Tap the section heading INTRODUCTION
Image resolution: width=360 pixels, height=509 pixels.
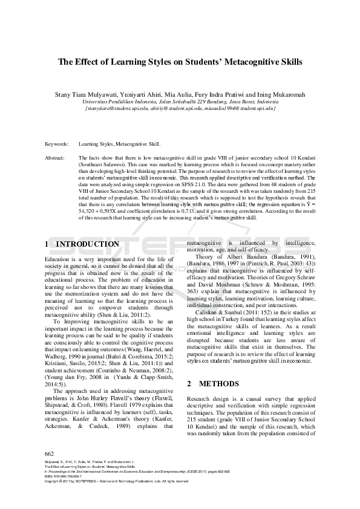click(87, 244)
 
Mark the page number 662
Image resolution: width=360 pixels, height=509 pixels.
click(50, 453)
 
